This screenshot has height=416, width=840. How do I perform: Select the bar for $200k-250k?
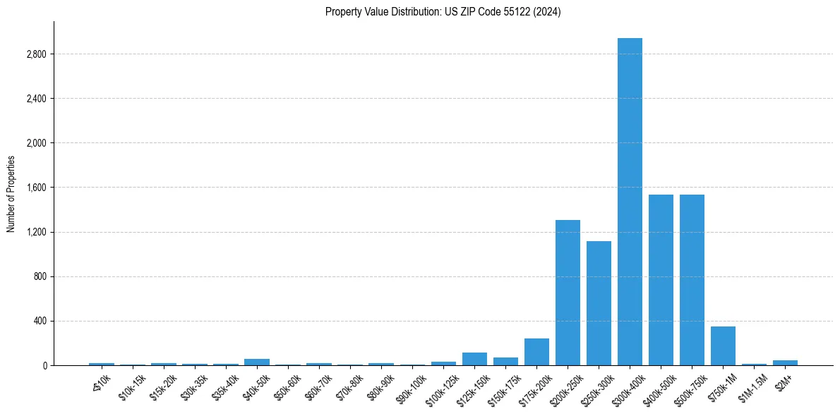568,293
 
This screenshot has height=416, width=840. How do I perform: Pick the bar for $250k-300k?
599,303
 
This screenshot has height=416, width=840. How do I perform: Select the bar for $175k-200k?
536,352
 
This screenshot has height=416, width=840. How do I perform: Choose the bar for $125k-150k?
474,359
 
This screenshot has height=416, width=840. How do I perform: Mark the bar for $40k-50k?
257,362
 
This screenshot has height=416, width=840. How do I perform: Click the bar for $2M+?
785,362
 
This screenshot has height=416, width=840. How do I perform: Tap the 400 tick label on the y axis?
40,321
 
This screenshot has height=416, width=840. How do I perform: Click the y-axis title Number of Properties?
11,193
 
